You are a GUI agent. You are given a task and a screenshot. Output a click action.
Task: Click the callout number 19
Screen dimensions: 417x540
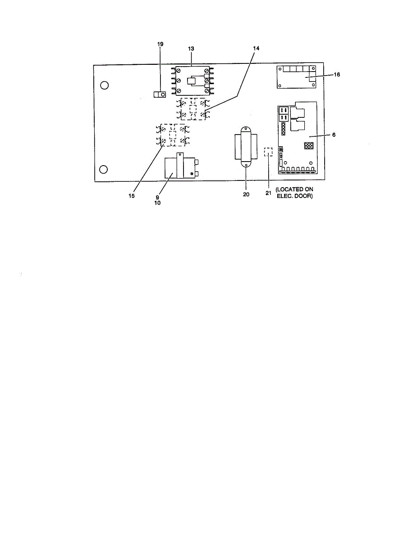[160, 44]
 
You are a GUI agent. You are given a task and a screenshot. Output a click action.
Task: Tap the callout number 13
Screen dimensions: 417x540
[191, 48]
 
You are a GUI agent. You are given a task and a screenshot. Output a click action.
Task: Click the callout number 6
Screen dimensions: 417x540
[334, 134]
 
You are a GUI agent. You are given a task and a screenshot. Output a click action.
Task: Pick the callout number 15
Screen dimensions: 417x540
[131, 196]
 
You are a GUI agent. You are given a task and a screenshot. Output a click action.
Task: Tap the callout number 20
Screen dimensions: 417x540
[246, 194]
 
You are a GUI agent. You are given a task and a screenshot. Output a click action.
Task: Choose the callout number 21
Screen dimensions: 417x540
[268, 194]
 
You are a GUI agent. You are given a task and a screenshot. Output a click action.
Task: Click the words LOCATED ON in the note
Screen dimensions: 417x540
[295, 189]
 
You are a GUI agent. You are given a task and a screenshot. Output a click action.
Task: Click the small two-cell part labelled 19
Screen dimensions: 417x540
[159, 94]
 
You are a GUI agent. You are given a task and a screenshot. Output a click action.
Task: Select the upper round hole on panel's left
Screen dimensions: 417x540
[104, 85]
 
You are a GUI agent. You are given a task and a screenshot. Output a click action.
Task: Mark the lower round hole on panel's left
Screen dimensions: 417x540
[104, 169]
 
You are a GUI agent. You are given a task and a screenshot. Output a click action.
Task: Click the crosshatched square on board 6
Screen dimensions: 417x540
[309, 146]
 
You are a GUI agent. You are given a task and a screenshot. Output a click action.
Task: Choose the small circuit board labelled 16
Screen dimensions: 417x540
[298, 76]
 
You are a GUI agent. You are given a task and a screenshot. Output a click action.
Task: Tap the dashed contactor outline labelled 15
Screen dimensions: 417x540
[173, 135]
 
